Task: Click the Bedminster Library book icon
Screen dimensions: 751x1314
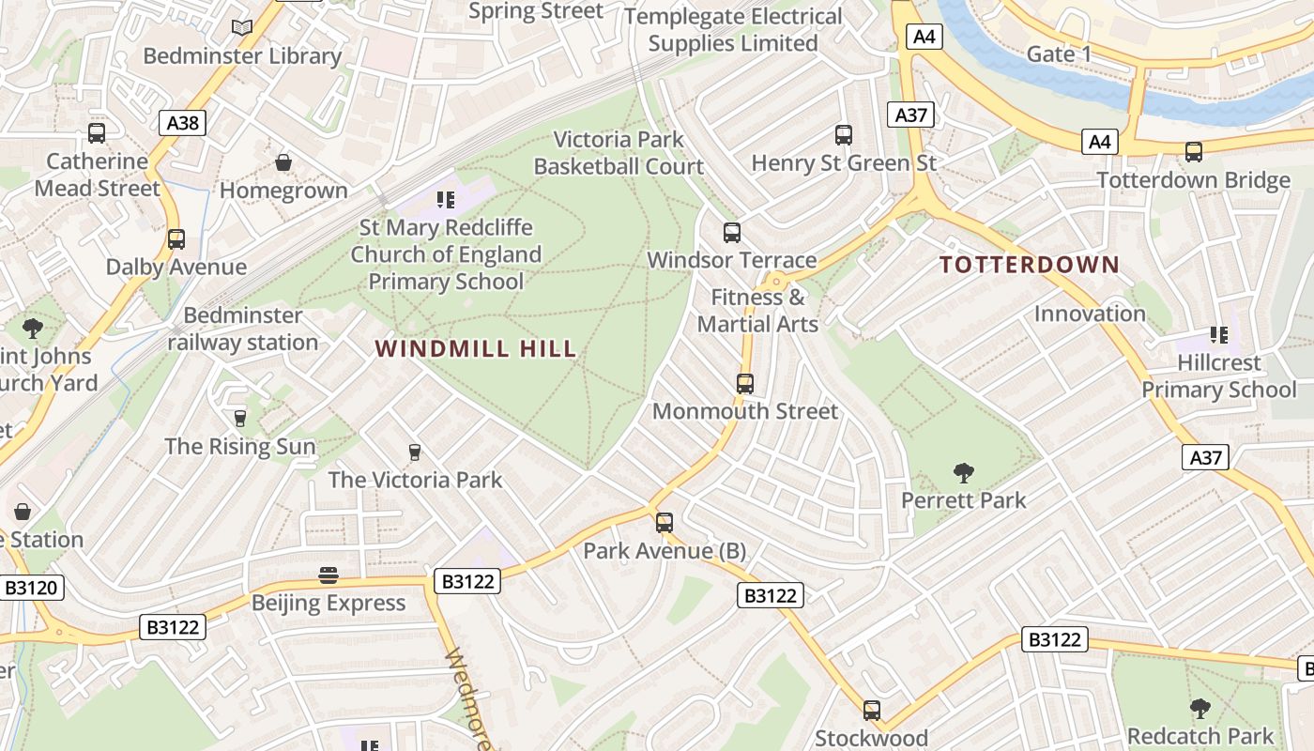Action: [x=242, y=27]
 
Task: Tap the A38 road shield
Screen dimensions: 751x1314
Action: [x=182, y=122]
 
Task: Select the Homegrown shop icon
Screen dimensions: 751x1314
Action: [x=283, y=163]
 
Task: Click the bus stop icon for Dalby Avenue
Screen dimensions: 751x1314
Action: [x=176, y=238]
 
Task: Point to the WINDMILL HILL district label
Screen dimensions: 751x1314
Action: [x=476, y=349]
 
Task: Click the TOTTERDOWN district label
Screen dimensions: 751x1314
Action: [x=1030, y=265]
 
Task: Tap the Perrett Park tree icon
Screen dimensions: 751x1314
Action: [x=963, y=472]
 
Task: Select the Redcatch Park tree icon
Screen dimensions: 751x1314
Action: [x=1199, y=708]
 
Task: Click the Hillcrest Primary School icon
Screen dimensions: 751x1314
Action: [x=1218, y=335]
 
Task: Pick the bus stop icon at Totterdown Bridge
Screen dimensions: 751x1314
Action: [x=1193, y=151]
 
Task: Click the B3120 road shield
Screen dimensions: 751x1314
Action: [x=31, y=589]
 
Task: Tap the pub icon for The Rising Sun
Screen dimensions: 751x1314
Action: [x=240, y=418]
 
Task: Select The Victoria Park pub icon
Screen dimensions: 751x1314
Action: [x=415, y=452]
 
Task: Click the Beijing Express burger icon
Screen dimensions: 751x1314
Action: [x=328, y=575]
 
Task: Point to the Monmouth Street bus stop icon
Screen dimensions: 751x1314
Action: [x=744, y=383]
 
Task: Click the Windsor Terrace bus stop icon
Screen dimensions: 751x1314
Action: [x=732, y=233]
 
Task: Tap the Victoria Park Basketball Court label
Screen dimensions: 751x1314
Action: [x=619, y=153]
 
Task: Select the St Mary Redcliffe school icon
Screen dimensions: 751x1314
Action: [x=446, y=199]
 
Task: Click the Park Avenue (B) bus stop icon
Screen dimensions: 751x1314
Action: [x=665, y=522]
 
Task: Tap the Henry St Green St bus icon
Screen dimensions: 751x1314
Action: [x=843, y=135]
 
